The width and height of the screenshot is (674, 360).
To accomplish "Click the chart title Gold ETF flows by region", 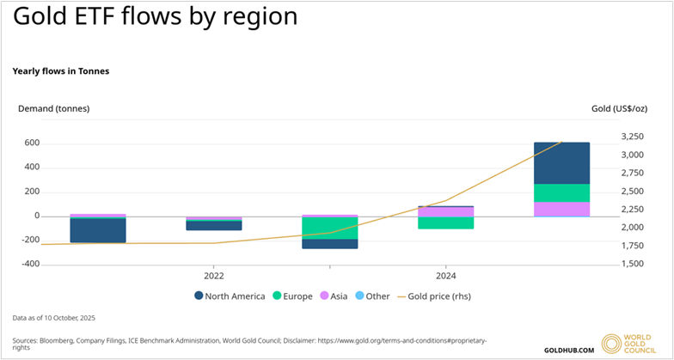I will pos(156,17).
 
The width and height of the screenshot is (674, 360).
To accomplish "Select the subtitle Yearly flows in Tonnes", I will pos(60,71).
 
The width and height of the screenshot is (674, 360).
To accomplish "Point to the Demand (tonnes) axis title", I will pos(53,108).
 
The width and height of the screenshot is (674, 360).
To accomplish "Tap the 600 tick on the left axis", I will pos(32,143).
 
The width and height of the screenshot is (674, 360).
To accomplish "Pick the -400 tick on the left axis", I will pos(29,264).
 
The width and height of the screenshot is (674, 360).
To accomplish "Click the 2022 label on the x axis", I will pos(214,276).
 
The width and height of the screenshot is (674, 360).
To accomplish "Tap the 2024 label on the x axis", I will pos(445,276).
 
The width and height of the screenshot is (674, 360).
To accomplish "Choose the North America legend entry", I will pos(230,296).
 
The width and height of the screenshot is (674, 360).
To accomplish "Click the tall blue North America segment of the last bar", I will pos(561,163).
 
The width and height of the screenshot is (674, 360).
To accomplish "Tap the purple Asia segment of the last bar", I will pos(561,209).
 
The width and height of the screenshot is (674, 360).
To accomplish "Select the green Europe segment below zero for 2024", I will pos(445,223).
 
